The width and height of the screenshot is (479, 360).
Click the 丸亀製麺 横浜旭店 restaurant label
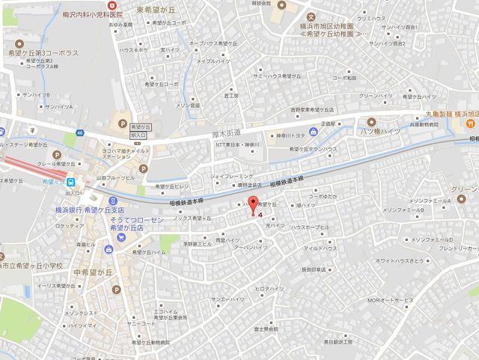(449, 114)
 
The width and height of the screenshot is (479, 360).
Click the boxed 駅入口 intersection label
(138, 132)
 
